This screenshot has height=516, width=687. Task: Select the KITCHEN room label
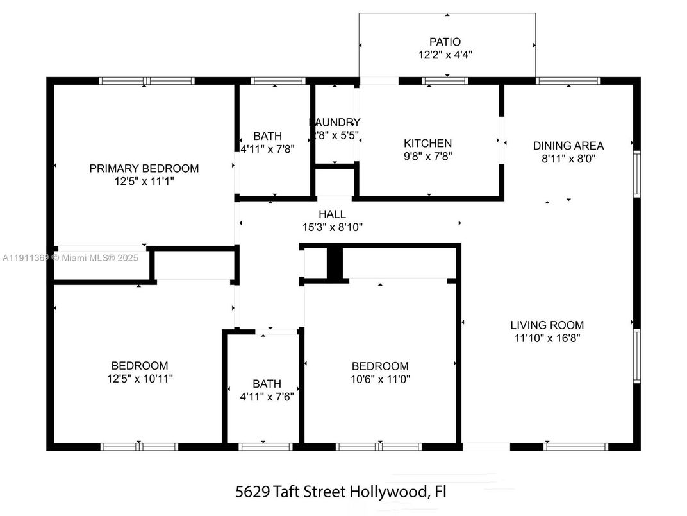click(x=427, y=144)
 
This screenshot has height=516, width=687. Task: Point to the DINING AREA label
click(x=568, y=146)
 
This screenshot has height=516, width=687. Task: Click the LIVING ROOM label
click(x=547, y=325)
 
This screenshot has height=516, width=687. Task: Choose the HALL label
click(x=332, y=214)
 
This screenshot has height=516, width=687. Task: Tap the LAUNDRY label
click(x=335, y=123)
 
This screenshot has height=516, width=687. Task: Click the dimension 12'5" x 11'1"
click(x=144, y=182)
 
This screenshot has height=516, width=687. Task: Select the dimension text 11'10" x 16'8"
click(x=547, y=338)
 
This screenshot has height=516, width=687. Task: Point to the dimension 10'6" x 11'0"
click(x=380, y=379)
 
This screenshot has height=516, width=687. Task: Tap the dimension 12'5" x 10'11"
click(x=140, y=379)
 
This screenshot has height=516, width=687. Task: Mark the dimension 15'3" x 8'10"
click(x=332, y=227)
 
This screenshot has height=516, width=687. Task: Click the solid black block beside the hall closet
click(x=335, y=262)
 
